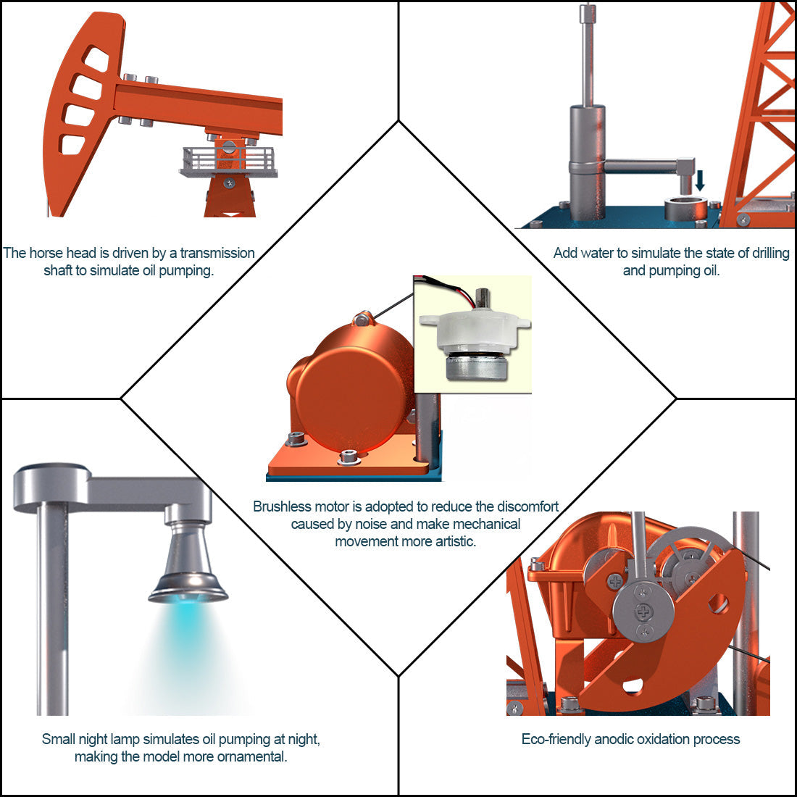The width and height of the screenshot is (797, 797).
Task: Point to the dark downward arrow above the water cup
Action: (699, 180)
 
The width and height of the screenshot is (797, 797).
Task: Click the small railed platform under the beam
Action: (229, 162)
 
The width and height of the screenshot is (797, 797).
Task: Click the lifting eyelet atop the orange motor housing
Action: (363, 317)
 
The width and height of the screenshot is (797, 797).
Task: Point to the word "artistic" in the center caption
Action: (453, 541)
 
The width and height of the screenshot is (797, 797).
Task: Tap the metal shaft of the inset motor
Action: (482, 298)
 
